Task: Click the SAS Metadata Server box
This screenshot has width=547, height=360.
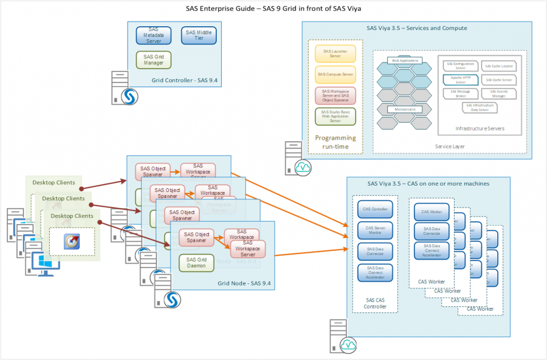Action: [x=153, y=36]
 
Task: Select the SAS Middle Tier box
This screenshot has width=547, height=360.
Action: [x=198, y=36]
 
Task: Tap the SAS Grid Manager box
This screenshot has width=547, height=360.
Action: [x=153, y=60]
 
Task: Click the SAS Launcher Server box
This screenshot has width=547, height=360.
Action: [x=335, y=54]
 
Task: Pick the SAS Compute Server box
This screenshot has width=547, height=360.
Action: [x=335, y=74]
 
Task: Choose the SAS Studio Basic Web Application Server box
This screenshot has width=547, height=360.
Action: [x=335, y=116]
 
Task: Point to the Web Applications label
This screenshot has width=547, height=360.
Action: [x=404, y=60]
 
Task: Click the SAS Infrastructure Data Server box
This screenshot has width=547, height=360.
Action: [x=480, y=107]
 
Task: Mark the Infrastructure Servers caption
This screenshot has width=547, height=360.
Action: [x=480, y=129]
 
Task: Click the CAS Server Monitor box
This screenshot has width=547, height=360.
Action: [x=375, y=230]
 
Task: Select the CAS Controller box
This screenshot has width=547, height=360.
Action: [x=375, y=209]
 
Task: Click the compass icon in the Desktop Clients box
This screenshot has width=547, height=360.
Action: [x=71, y=241]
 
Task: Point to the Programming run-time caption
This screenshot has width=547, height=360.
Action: [x=335, y=142]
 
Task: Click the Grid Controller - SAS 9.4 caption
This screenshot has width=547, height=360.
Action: [x=185, y=81]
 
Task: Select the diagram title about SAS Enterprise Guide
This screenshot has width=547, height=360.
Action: [x=273, y=8]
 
